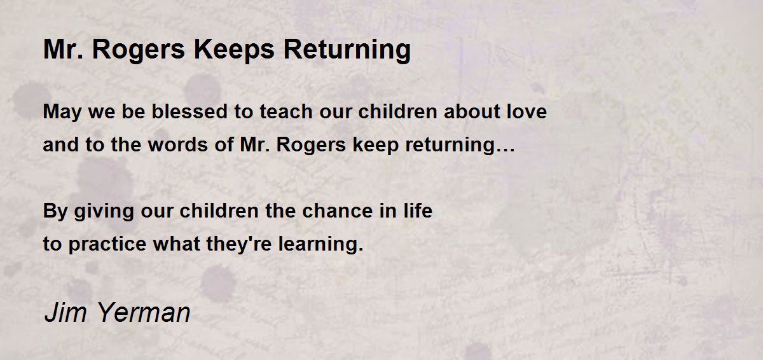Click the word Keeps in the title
coord(234,50)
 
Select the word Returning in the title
coord(347,50)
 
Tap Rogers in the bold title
coord(139,50)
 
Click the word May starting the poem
coord(62,113)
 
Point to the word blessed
coord(189,111)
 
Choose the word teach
coord(286,111)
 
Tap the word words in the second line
coord(178,144)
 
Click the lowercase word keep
coord(375,146)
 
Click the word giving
coord(104,212)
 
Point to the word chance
coord(338,211)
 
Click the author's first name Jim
coord(65,312)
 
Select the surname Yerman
coord(144,312)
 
